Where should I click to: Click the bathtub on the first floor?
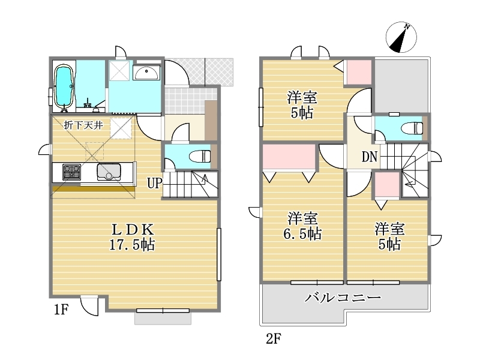[64, 87]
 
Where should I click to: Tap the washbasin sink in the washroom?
[146, 73]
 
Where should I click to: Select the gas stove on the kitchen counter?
[72, 172]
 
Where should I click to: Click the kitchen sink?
[109, 172]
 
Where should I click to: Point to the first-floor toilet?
[200, 157]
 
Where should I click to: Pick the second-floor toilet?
[412, 128]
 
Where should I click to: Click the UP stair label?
[155, 184]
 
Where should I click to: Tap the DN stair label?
[370, 157]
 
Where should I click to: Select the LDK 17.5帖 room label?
[133, 236]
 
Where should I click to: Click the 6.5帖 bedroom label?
[302, 226]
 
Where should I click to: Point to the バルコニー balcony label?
[343, 297]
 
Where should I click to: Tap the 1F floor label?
[61, 310]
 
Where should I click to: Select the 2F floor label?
[274, 339]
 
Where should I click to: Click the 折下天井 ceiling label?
[83, 125]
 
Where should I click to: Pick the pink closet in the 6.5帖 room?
[289, 156]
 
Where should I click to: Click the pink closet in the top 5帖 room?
[358, 72]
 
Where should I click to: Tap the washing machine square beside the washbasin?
[119, 71]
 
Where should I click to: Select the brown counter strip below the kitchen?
[94, 188]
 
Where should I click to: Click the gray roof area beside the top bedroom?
[401, 86]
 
